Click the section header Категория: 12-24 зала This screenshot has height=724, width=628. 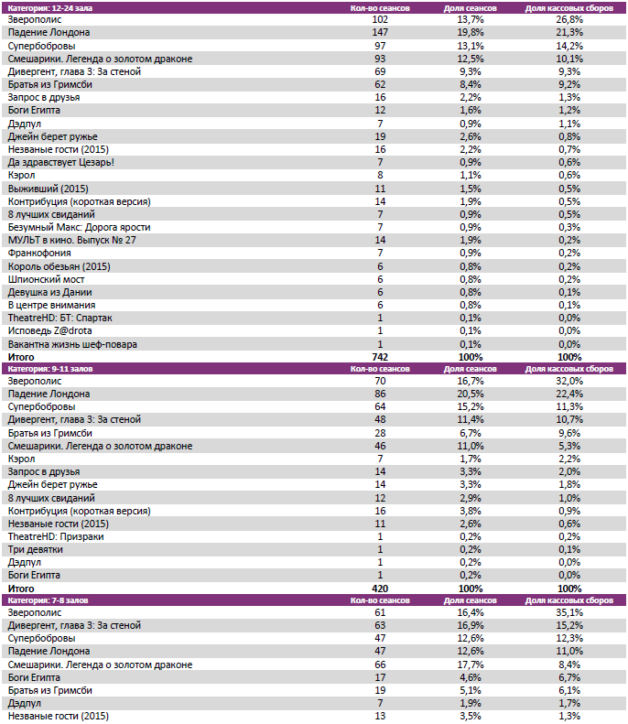50,7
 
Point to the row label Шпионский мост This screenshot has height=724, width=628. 47,279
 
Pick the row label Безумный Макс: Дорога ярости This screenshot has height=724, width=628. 79,227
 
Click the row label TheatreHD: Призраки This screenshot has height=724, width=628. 56,536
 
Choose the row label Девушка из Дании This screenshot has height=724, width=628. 49,292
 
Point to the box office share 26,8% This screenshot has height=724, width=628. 569,19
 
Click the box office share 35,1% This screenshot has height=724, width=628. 569,612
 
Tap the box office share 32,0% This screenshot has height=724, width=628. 569,380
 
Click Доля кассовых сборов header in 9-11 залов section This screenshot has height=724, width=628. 568,368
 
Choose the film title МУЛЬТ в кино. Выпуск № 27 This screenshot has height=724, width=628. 72,240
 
